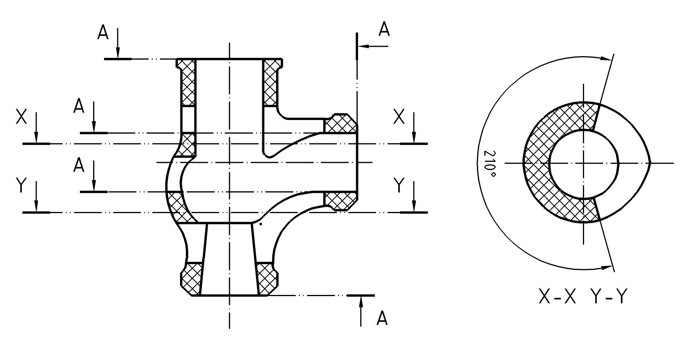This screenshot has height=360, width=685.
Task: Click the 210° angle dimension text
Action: point(489,164)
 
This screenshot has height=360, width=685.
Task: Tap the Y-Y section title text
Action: point(609,297)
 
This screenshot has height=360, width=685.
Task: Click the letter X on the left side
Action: point(21,117)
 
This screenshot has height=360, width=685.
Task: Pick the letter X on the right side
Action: point(399,117)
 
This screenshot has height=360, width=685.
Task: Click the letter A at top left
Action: point(103,33)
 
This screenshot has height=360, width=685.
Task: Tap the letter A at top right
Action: point(384,30)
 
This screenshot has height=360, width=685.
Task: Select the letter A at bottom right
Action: point(382,318)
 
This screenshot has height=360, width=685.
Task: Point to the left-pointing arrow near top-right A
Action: point(372,46)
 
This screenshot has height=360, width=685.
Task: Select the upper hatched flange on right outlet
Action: point(340,124)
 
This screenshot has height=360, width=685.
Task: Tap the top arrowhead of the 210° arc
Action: point(606,58)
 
